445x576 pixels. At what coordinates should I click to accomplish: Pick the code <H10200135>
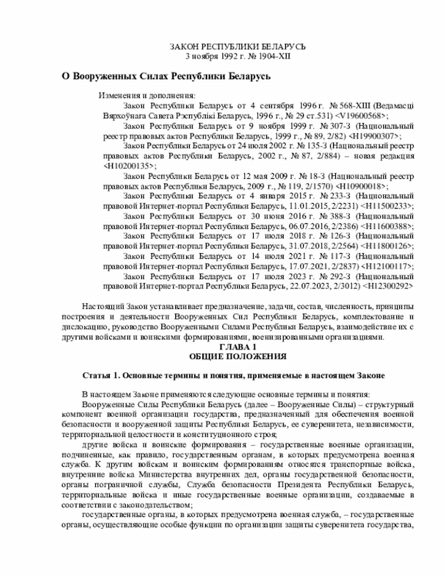tap(129, 166)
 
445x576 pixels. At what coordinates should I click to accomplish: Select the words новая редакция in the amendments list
tap(383, 156)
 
